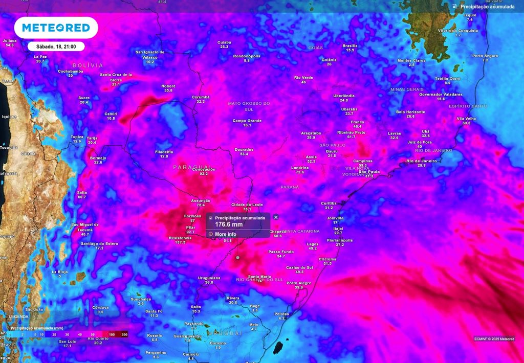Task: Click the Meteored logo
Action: point(56,28)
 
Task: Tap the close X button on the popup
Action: point(276,217)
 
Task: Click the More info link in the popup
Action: point(226,234)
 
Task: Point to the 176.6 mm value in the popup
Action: point(229,224)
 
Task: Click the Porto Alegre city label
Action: point(299,283)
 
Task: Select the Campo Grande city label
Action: point(247,121)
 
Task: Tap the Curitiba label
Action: point(329,203)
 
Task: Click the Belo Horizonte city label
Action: point(410,112)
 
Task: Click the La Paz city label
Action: point(40,57)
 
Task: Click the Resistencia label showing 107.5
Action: point(180,238)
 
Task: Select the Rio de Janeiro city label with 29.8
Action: point(422,161)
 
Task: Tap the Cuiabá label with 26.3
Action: point(224,42)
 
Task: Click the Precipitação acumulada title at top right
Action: point(487,7)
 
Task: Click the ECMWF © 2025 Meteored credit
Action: point(494,338)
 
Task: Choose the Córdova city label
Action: point(100,308)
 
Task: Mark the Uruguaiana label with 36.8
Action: point(209,278)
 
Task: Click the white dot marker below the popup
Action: point(237,258)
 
